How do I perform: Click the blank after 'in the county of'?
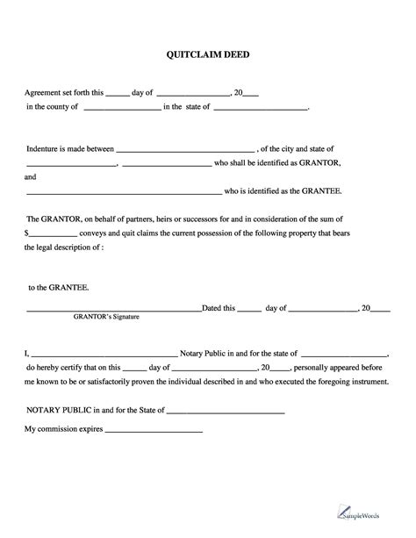click(121, 110)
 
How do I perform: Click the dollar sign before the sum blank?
click(27, 233)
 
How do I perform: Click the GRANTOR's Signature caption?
click(106, 317)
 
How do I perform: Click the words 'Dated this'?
click(219, 308)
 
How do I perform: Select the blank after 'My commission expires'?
click(154, 430)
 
